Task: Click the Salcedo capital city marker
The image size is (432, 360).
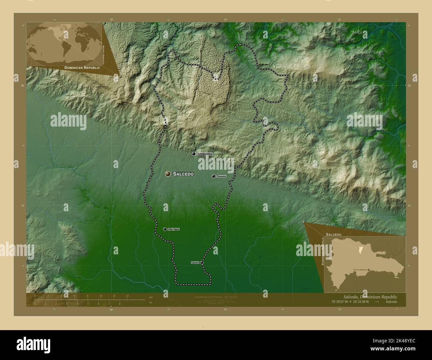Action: coord(168,174)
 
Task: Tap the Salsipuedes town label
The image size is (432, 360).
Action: coord(205,154)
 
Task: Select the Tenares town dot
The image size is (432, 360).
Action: coord(213,176)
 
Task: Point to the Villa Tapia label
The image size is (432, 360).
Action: coord(173,229)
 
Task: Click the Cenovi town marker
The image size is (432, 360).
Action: coord(202,263)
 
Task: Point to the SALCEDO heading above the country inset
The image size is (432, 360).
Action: coord(333,234)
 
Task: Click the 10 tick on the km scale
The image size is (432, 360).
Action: coord(101,296)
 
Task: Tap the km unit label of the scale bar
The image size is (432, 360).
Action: coord(151,297)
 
